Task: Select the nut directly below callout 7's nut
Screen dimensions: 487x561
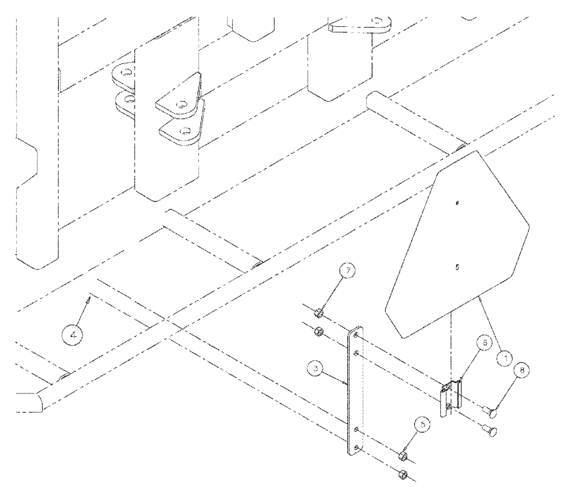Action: pos(317,330)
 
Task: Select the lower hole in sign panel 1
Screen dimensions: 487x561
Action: pos(456,268)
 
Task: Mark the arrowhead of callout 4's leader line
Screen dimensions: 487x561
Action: pos(88,300)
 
